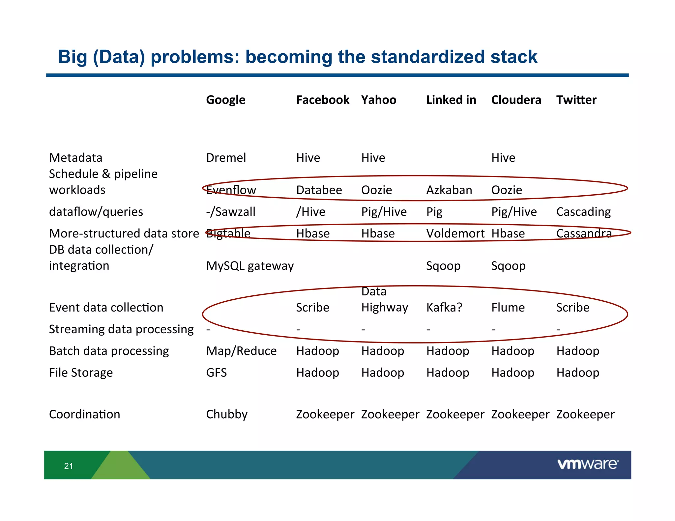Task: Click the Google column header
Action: point(225,100)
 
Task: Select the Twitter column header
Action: point(576,100)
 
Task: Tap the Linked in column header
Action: point(451,100)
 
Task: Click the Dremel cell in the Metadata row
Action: point(226,158)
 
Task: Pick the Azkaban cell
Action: point(449,190)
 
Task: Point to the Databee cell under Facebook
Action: point(319,190)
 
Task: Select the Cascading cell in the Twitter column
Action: point(583,212)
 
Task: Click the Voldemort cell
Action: point(455,233)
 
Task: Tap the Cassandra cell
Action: point(584,233)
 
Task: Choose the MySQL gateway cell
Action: point(249,266)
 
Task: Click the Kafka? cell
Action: point(444,308)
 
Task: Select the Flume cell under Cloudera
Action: point(508,308)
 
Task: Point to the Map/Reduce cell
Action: point(241,351)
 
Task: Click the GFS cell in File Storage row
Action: point(216,373)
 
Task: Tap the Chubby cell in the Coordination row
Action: point(226,414)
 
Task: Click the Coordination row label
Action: point(84,414)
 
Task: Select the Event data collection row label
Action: point(106,308)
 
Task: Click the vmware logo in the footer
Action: point(588,464)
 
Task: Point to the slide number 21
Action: point(69,466)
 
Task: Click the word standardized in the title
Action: point(427,57)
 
